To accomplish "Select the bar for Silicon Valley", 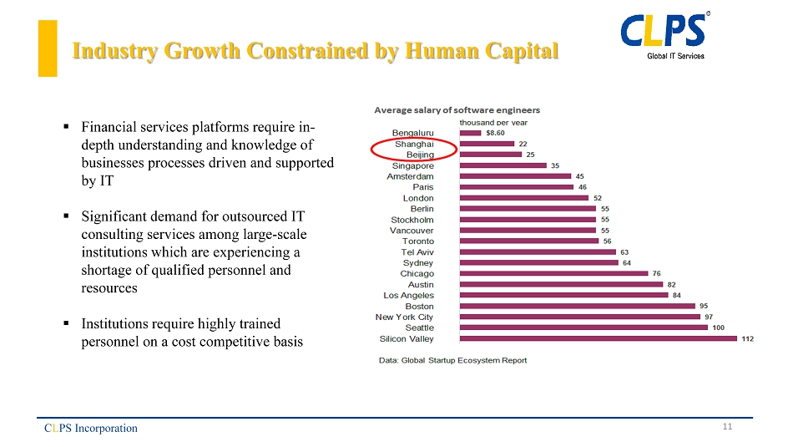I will pyautogui.click(x=598, y=338).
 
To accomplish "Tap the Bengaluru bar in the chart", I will pyautogui.click(x=470, y=132).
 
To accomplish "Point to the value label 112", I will pyautogui.click(x=747, y=338).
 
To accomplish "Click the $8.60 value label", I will pyautogui.click(x=495, y=132).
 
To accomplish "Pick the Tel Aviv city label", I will pyautogui.click(x=417, y=251).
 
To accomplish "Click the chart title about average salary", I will pyautogui.click(x=457, y=109).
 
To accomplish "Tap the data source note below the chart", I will pyautogui.click(x=453, y=360).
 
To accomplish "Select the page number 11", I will pyautogui.click(x=727, y=427).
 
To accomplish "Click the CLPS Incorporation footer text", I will pyautogui.click(x=91, y=429).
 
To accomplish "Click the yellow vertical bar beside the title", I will pyautogui.click(x=48, y=48).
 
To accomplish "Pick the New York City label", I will pyautogui.click(x=404, y=317).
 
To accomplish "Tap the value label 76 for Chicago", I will pyautogui.click(x=656, y=273).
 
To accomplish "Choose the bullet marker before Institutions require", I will pyautogui.click(x=65, y=323).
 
